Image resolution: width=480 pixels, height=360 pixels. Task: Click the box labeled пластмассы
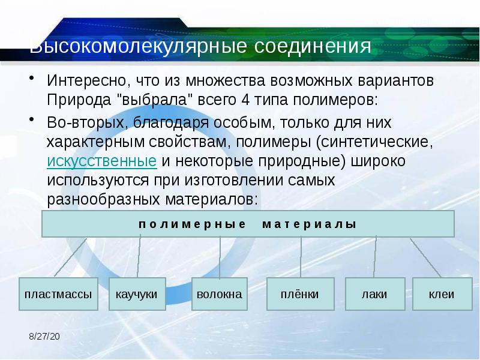pyautogui.click(x=58, y=294)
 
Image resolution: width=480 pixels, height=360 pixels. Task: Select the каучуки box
pyautogui.click(x=137, y=294)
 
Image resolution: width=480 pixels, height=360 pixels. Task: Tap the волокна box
pyautogui.click(x=219, y=294)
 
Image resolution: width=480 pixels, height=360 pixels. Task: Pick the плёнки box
pyautogui.click(x=299, y=294)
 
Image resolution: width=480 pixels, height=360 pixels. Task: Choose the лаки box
pyautogui.click(x=374, y=294)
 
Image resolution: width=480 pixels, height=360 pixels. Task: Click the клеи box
pyautogui.click(x=441, y=294)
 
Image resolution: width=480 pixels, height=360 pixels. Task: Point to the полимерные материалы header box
pyautogui.click(x=248, y=224)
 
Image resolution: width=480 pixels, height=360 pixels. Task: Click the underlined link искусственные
pyautogui.click(x=102, y=161)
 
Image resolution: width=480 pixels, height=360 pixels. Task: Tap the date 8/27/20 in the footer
pyautogui.click(x=44, y=338)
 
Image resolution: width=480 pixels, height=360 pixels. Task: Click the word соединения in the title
pyautogui.click(x=314, y=47)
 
